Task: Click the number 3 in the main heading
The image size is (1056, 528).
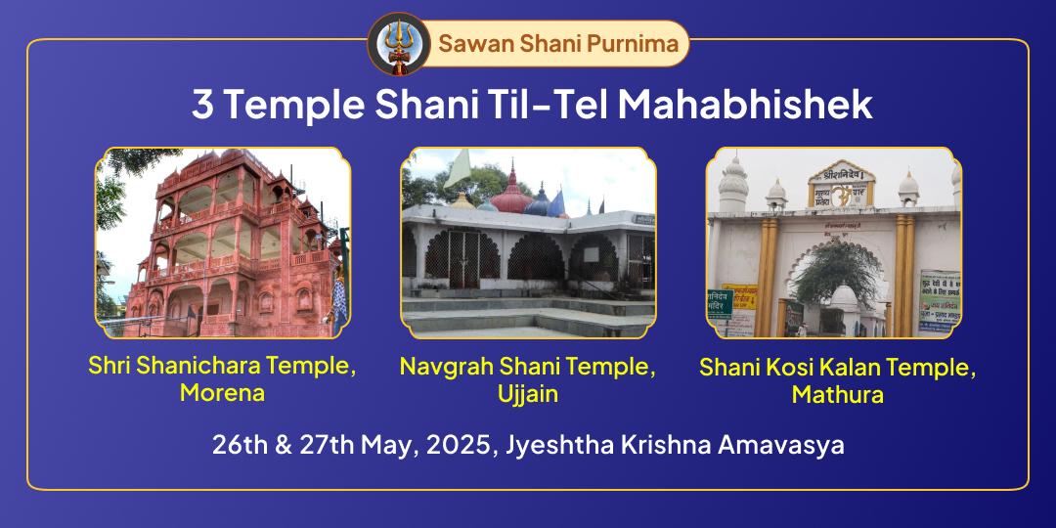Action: tap(203, 106)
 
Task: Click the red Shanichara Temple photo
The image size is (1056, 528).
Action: tap(223, 242)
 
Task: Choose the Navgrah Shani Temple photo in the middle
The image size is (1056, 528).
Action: tap(528, 242)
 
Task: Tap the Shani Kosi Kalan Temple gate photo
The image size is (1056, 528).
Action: tap(833, 242)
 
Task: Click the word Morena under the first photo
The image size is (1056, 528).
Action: tap(223, 392)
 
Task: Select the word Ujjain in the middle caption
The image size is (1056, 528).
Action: tap(528, 393)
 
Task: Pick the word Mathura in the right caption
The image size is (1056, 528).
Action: tap(838, 394)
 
